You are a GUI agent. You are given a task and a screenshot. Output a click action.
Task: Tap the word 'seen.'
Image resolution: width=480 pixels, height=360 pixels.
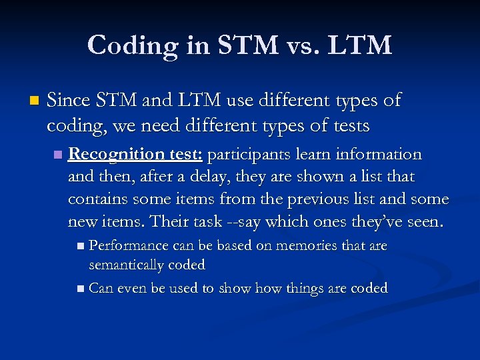[423, 221]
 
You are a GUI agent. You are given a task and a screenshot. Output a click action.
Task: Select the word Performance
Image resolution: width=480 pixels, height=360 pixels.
[129, 245]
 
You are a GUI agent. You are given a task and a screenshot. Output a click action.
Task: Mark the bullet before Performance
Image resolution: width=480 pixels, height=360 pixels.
[81, 246]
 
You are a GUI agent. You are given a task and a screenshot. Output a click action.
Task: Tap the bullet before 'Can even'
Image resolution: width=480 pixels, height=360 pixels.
[81, 289]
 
